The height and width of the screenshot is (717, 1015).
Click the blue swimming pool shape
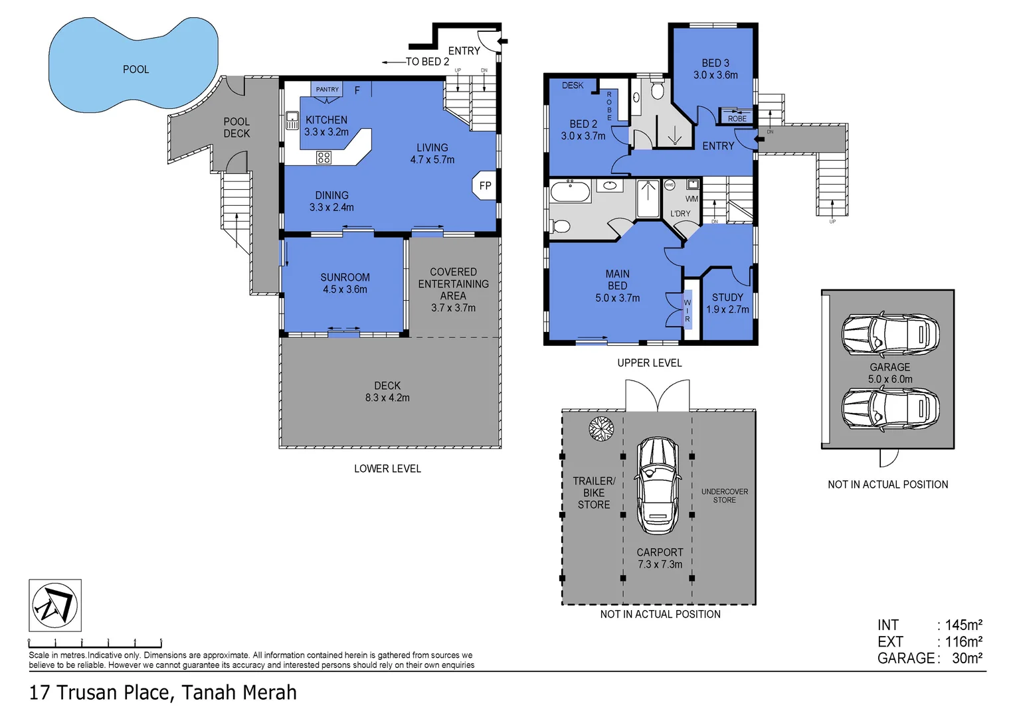(x=133, y=66)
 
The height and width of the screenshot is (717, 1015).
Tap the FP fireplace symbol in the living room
(x=486, y=186)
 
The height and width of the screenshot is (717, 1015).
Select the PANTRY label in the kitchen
(x=327, y=90)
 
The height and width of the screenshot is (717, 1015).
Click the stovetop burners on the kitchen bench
(x=323, y=157)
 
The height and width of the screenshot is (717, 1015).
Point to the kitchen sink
(x=292, y=121)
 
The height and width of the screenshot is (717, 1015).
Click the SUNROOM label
(x=345, y=278)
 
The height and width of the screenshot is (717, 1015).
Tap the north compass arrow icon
(x=55, y=605)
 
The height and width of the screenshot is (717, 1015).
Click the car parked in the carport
(x=657, y=485)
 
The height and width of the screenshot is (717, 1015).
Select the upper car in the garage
(x=890, y=334)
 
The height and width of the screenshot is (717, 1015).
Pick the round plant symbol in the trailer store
(x=601, y=429)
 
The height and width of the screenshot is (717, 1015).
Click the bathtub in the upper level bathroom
(x=570, y=193)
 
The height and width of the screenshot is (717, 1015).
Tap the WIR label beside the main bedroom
(x=688, y=311)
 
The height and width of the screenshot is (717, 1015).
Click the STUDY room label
(x=727, y=297)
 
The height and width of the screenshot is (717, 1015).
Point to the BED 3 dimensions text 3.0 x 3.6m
(x=715, y=75)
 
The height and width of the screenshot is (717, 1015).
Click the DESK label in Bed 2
(x=573, y=86)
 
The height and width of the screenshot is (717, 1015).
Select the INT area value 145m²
(x=963, y=625)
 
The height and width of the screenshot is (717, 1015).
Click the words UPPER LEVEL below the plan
(x=649, y=363)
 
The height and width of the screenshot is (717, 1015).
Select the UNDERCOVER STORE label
(x=724, y=496)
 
